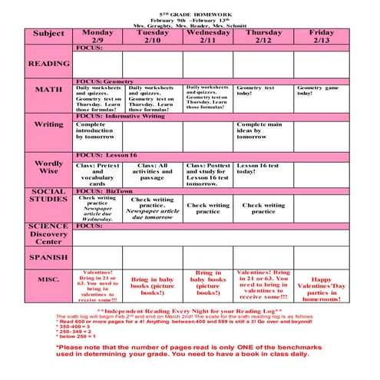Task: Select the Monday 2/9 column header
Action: (x=97, y=36)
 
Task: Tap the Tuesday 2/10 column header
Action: (x=152, y=36)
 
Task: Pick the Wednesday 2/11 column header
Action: (x=207, y=36)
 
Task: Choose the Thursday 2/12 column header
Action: (x=263, y=36)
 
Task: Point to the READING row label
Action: (x=48, y=64)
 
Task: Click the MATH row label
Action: (x=48, y=90)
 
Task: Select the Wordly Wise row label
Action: (x=48, y=167)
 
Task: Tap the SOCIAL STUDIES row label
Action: (x=48, y=196)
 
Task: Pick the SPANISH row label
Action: (x=48, y=258)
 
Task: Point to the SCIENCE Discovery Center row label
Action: (x=48, y=234)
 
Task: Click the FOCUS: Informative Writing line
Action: (x=121, y=116)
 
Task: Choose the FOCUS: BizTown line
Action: (x=104, y=191)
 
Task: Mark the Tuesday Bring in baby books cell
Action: (x=152, y=286)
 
